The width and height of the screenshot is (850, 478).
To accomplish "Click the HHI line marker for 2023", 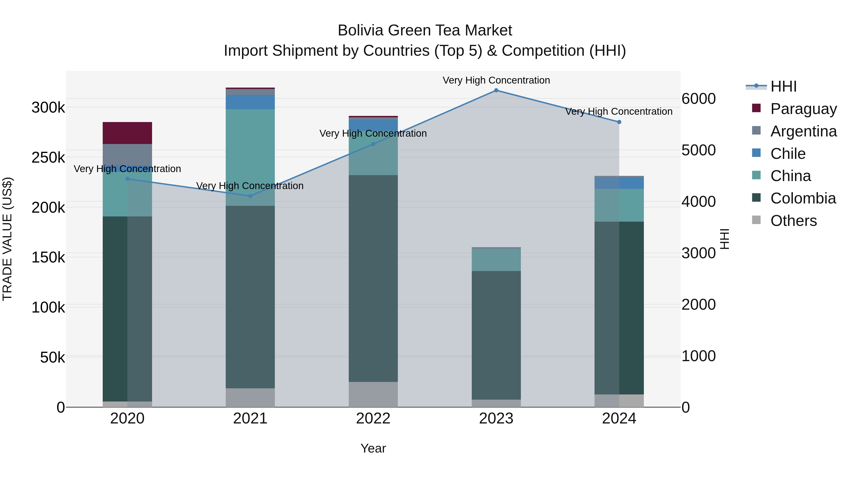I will (496, 90).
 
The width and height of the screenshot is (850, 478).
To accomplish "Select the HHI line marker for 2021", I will (250, 196).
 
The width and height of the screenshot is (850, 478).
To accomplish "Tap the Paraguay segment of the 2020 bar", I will (127, 133).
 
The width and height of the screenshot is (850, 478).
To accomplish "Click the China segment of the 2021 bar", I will (250, 157).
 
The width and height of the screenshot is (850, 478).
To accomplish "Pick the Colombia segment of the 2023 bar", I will (496, 335).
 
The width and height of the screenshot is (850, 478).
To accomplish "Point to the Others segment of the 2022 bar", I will (373, 394).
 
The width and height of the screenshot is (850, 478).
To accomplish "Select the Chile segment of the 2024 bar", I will (619, 183).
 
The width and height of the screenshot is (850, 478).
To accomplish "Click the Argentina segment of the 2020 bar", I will (127, 154).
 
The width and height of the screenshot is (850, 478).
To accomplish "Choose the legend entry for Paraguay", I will (803, 109).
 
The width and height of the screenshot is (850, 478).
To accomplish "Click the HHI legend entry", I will (783, 86).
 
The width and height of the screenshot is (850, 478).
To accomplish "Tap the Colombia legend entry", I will (803, 198).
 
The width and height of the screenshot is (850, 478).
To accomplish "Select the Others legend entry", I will (793, 221).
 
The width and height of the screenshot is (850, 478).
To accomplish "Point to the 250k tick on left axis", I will (48, 158).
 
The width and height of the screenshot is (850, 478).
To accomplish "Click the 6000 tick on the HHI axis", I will (698, 99).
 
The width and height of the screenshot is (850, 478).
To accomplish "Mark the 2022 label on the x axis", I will (373, 419).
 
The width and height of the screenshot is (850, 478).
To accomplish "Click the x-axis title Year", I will (373, 448).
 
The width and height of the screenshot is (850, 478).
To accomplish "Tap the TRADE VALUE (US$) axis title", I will (7, 239).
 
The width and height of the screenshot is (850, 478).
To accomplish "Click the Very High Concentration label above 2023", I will (496, 80).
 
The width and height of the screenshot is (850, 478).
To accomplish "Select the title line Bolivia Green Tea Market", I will (425, 30).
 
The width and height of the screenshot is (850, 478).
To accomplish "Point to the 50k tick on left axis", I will (52, 357).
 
